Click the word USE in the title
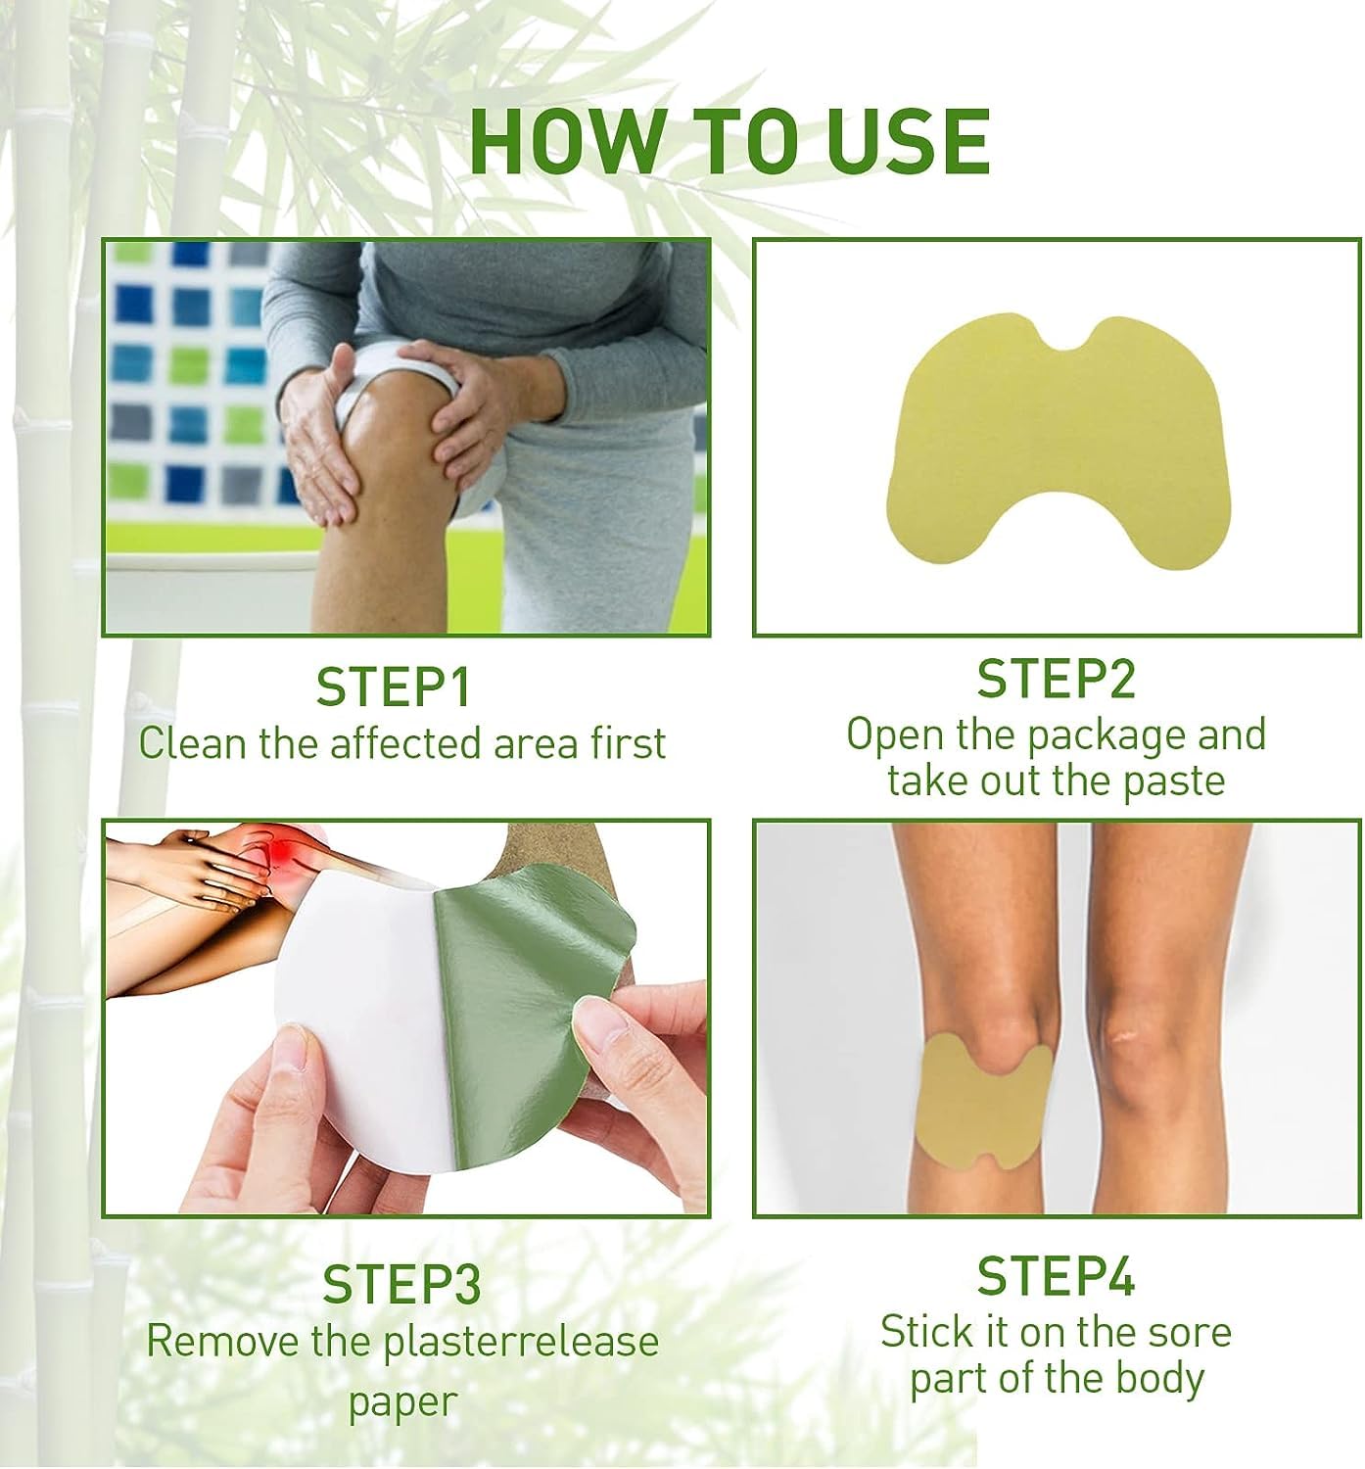coord(908,142)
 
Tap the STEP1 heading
coord(394,687)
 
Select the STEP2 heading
coord(1056,680)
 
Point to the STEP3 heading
coord(401,1285)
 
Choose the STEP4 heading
coord(1056,1277)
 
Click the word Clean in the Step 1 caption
coord(192,743)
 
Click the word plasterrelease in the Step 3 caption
coord(521,1342)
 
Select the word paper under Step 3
coord(402,1401)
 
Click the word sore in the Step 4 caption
coord(1189,1332)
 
